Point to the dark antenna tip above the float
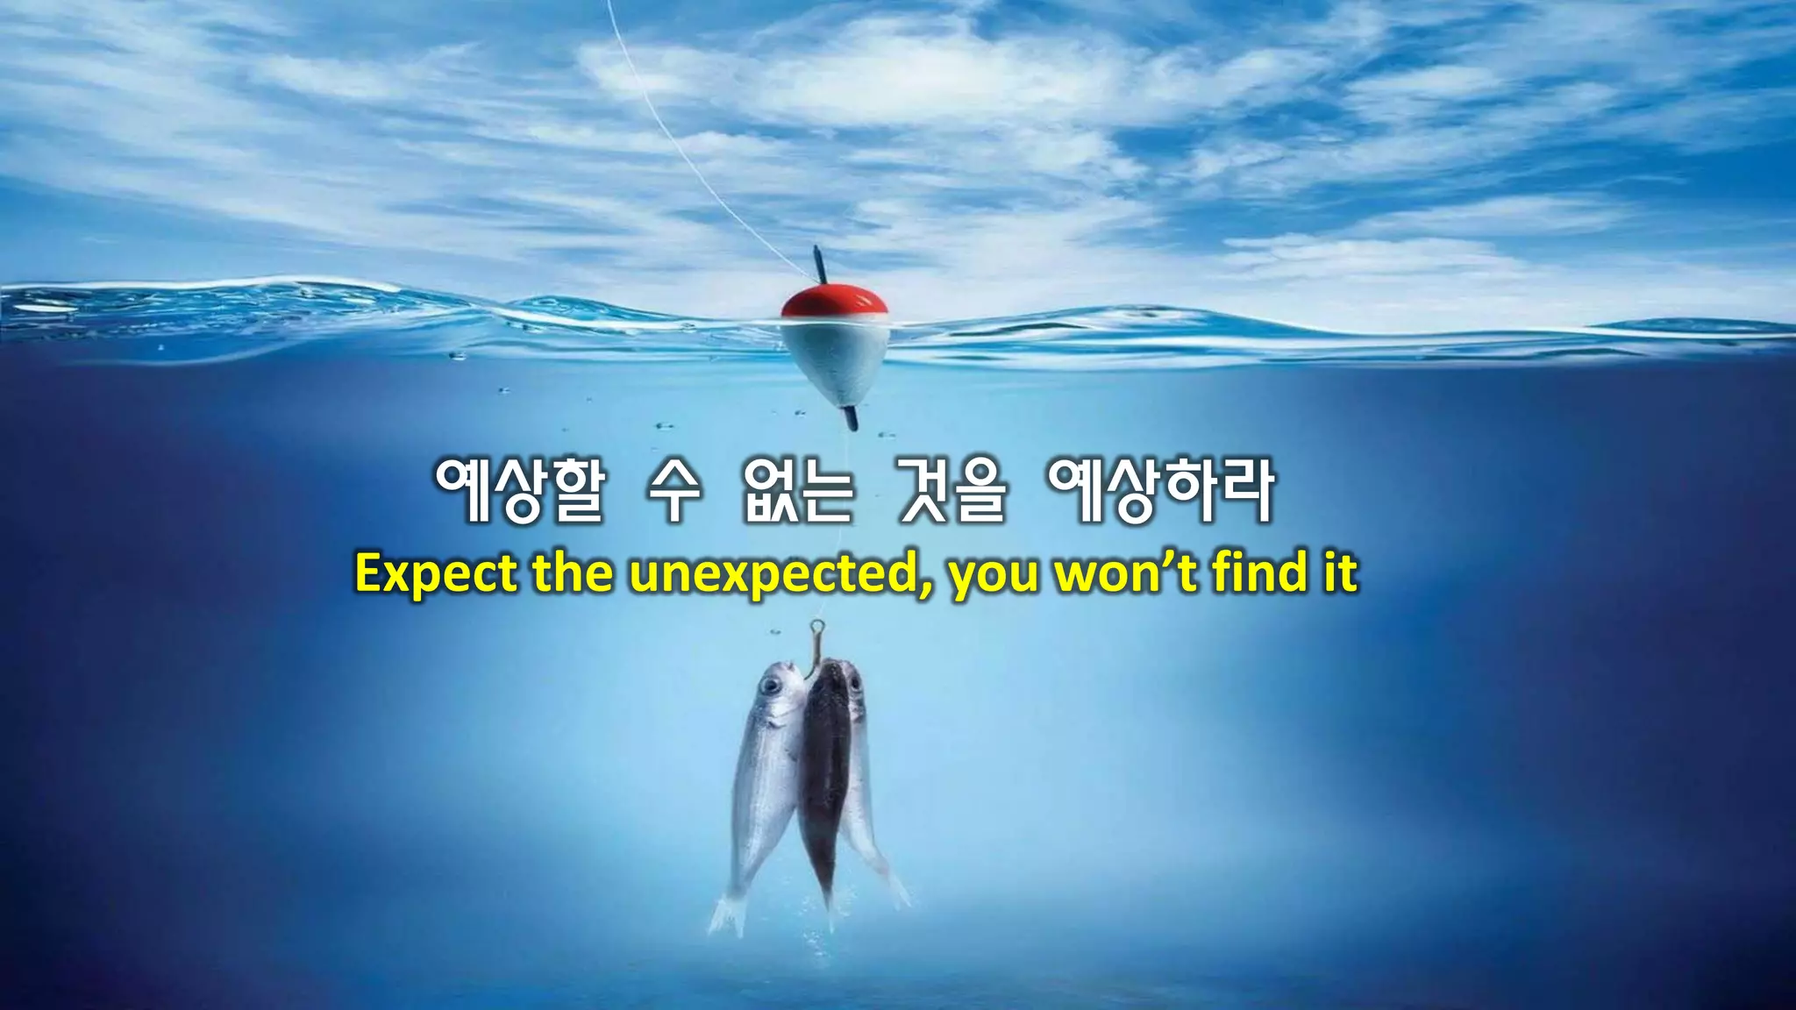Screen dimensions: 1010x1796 [819, 263]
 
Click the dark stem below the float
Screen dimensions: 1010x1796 [850, 418]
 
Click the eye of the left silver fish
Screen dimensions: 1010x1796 [771, 685]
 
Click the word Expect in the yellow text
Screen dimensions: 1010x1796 [436, 574]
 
